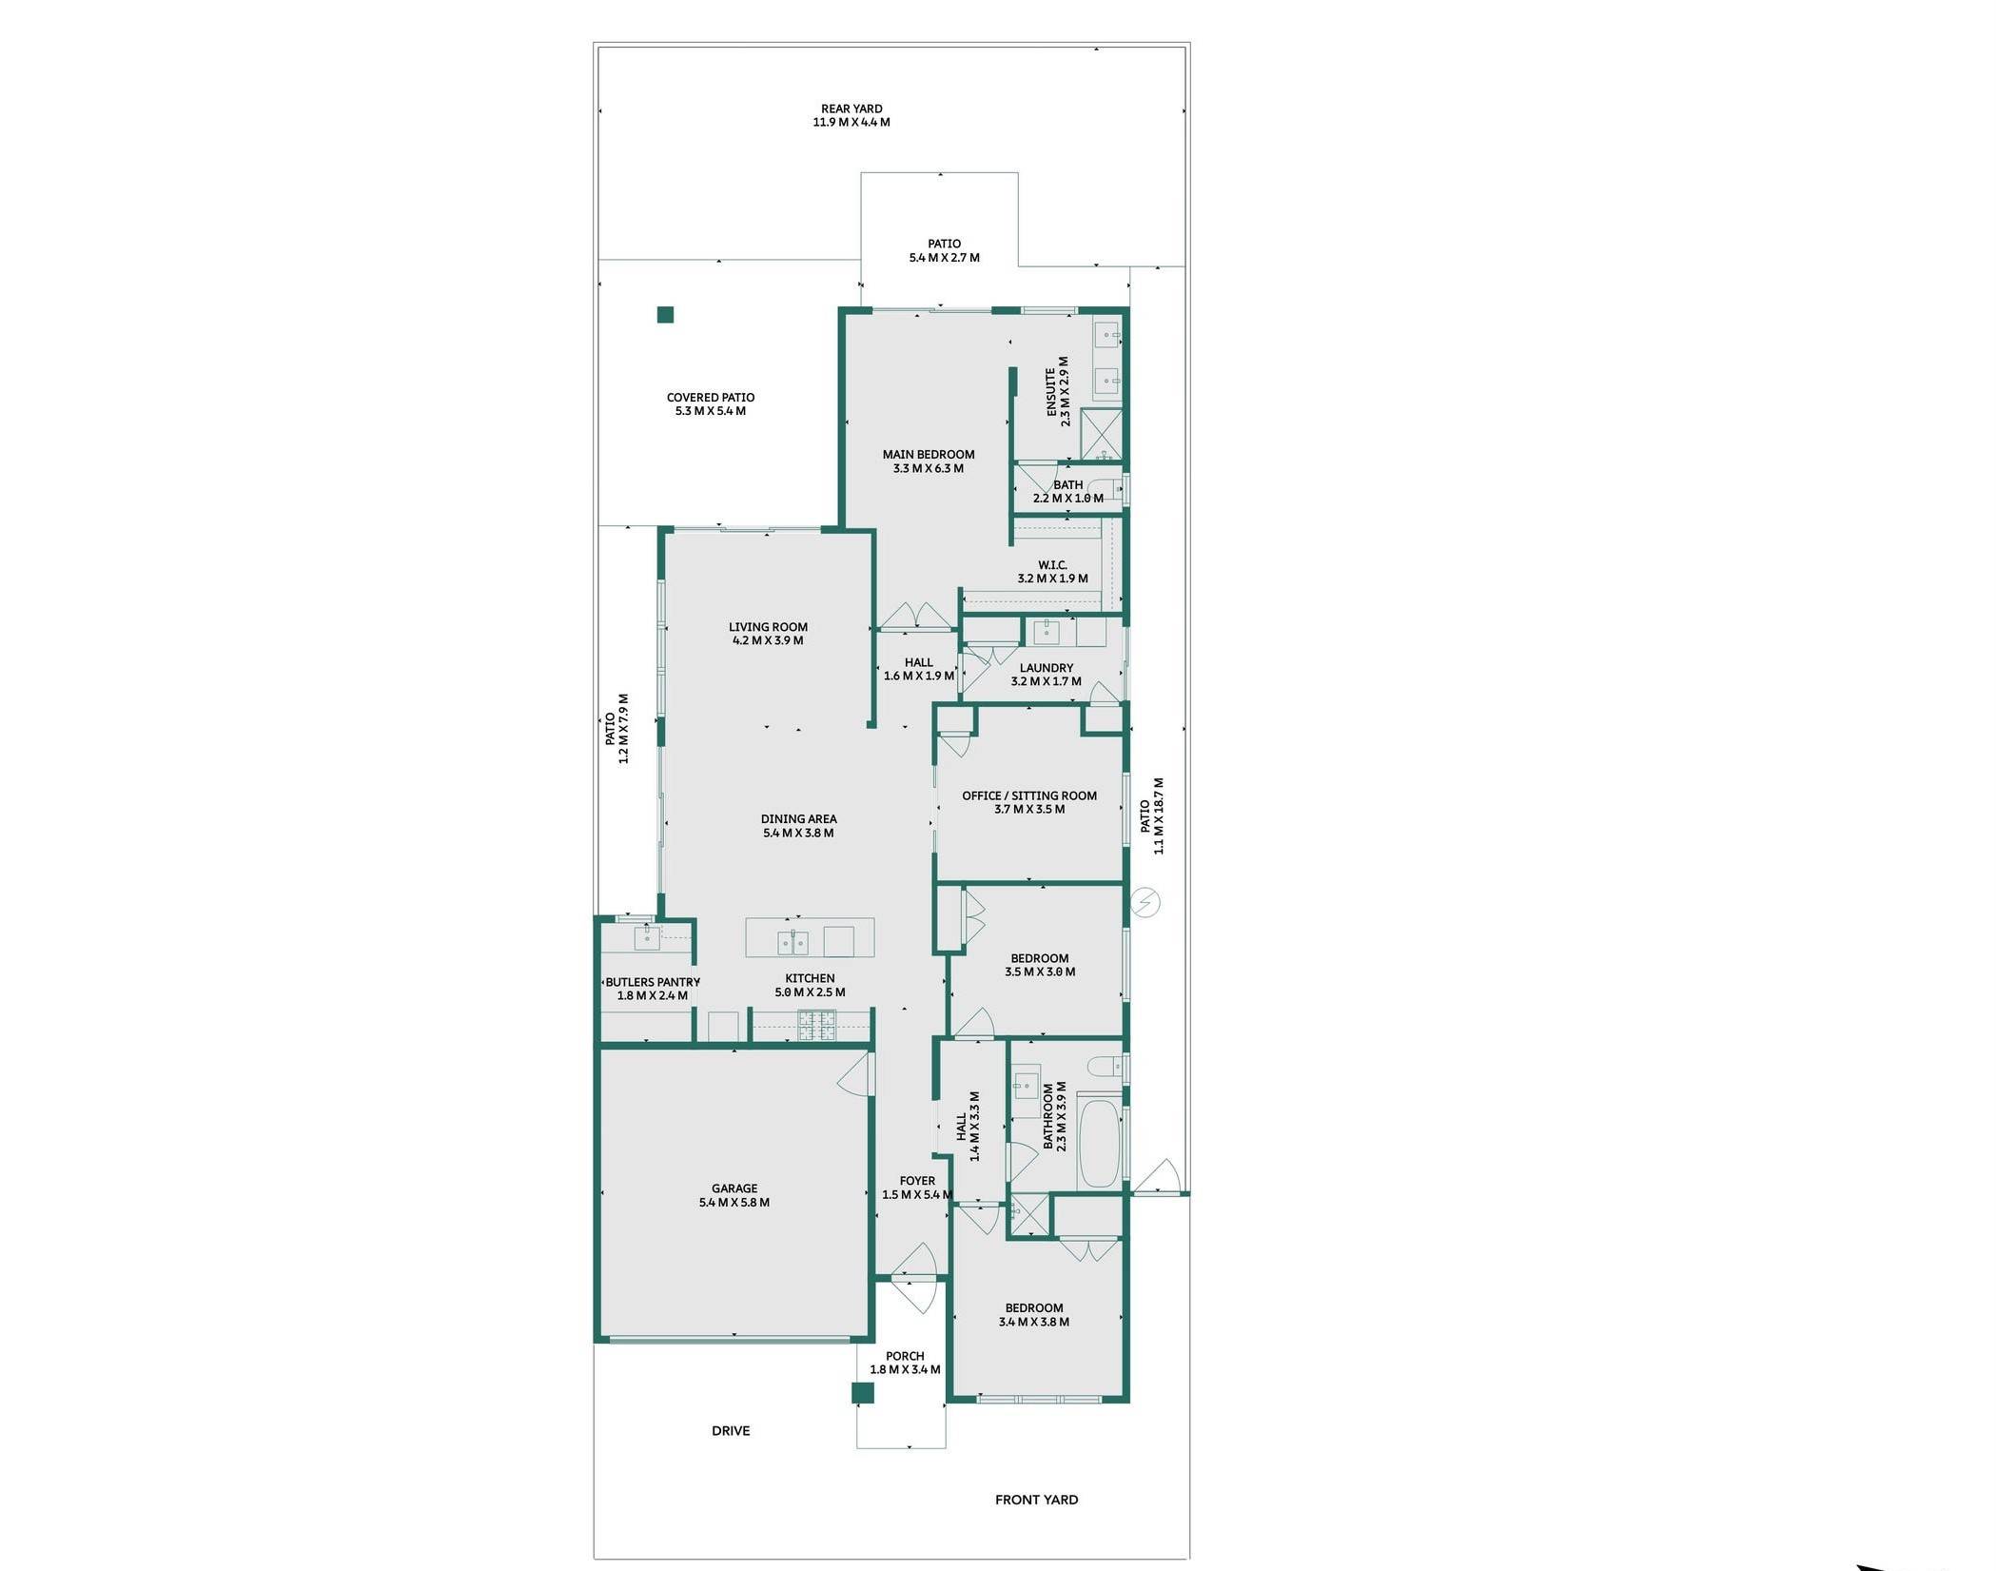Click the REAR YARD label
point(851,109)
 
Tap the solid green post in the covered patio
point(666,315)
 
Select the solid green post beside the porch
point(862,1393)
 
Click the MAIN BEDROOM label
point(928,455)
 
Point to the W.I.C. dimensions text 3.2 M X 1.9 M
point(1052,579)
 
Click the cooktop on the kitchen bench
point(816,1023)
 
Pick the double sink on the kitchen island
point(793,942)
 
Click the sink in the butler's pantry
point(647,936)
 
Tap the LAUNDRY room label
point(1046,668)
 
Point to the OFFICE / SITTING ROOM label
point(1028,795)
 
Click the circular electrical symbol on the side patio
point(1146,902)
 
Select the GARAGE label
point(734,1188)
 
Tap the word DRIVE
point(731,1431)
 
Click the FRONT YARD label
point(1036,1500)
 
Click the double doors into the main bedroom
point(914,616)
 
